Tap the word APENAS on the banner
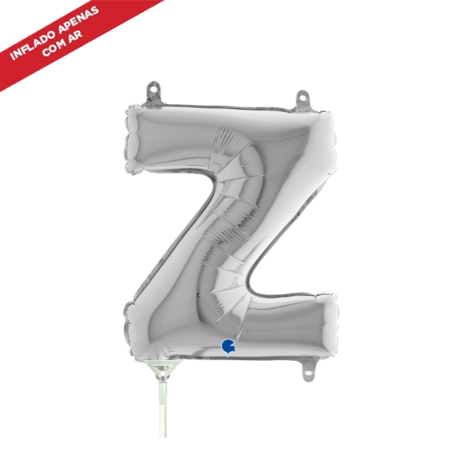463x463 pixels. pyautogui.click(x=79, y=19)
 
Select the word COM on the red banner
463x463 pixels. pyautogui.click(x=54, y=47)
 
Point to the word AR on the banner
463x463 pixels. pyautogui.click(x=75, y=35)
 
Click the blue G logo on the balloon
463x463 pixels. pyautogui.click(x=228, y=346)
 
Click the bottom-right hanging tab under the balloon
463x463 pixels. pyautogui.click(x=309, y=370)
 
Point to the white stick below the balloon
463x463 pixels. pyautogui.click(x=163, y=410)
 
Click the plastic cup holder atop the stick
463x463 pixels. pyautogui.click(x=163, y=370)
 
